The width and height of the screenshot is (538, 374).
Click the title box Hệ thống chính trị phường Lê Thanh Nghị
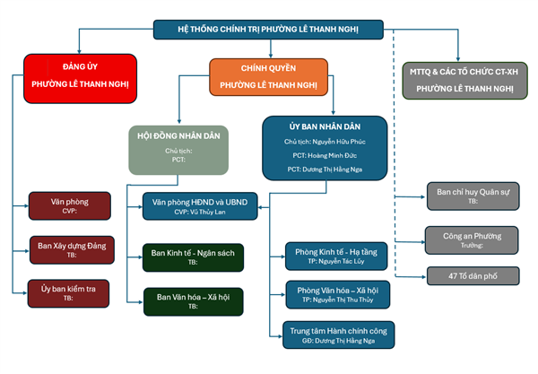point(268,30)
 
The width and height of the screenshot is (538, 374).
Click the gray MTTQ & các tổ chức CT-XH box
point(464,78)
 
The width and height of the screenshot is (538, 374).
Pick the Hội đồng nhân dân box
point(178,149)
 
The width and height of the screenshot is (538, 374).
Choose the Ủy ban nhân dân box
point(325,146)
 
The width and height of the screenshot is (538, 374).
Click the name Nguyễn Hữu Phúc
point(341,142)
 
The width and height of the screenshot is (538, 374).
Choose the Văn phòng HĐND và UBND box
point(200,206)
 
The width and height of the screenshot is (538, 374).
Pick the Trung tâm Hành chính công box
point(336,335)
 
